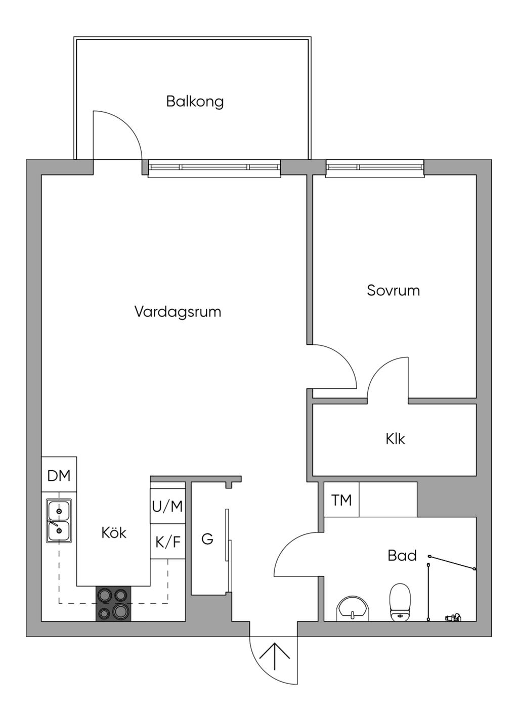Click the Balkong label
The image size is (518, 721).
pos(195,102)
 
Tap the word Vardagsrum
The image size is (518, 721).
pos(178,312)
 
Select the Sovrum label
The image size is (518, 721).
pos(394,290)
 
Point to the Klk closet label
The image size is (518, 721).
pos(396,439)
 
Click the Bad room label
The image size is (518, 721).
pos(402,556)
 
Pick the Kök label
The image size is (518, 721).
pos(114,533)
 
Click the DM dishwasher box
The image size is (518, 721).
pos(59,474)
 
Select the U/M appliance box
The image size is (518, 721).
pos(168,506)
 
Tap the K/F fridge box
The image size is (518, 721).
pos(168,542)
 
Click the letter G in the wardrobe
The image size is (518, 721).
pos(207,538)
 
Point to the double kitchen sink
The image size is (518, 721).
pos(59,521)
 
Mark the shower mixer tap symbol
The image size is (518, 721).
pos(453,617)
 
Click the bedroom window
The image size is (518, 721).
pos(375,168)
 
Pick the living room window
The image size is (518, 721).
pos(214,168)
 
